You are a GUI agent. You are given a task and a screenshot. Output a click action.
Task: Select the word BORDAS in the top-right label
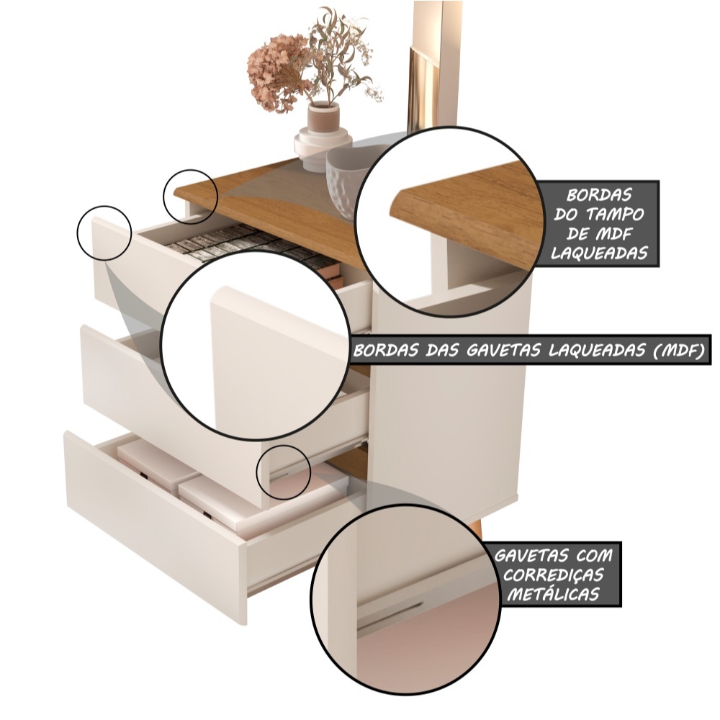[599, 195]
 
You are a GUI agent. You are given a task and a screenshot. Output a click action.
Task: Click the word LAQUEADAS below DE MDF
[599, 253]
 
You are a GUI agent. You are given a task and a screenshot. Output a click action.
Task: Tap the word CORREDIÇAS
[546, 575]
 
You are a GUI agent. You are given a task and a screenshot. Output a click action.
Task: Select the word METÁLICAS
[553, 595]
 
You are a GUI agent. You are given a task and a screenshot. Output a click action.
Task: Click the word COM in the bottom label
[594, 556]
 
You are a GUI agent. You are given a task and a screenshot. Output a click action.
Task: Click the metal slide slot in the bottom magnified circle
[390, 614]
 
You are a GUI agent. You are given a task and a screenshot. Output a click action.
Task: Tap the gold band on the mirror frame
[421, 87]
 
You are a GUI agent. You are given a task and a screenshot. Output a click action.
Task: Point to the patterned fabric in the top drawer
[239, 246]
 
